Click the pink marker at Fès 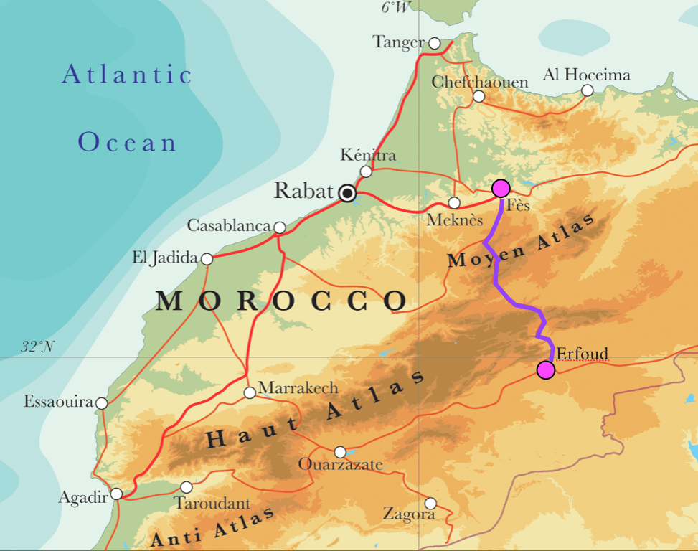click(x=501, y=188)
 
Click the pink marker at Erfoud click(x=546, y=370)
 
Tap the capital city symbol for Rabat click(x=348, y=193)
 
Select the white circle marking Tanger click(x=435, y=43)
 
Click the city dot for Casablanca click(x=280, y=227)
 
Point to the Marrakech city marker click(x=249, y=392)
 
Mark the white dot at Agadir click(x=116, y=494)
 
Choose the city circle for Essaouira click(x=102, y=403)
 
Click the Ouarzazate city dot click(x=340, y=452)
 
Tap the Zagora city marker click(x=430, y=504)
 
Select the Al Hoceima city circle click(x=588, y=90)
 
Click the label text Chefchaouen click(x=479, y=82)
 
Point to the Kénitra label click(x=368, y=155)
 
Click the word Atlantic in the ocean click(x=127, y=75)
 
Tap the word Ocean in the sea click(x=127, y=142)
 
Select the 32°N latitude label click(x=37, y=347)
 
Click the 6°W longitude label click(x=396, y=8)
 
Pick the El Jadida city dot click(x=207, y=258)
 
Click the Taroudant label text click(x=212, y=504)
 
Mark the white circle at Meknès click(x=454, y=203)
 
